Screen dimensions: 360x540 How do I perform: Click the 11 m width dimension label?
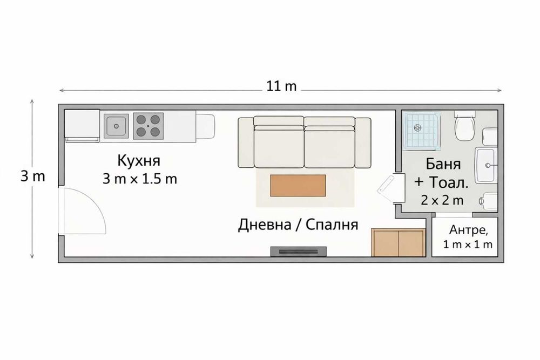pyautogui.click(x=281, y=86)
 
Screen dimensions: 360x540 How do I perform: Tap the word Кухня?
pyautogui.click(x=139, y=160)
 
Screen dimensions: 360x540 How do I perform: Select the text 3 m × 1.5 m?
pyautogui.click(x=140, y=179)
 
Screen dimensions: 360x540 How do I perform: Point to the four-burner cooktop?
pyautogui.click(x=148, y=126)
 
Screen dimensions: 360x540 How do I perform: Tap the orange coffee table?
pyautogui.click(x=298, y=186)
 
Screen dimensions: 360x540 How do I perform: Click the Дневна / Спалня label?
pyautogui.click(x=298, y=225)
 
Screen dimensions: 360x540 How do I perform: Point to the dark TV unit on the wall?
pyautogui.click(x=299, y=251)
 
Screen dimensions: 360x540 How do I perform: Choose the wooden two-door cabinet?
pyautogui.click(x=398, y=242)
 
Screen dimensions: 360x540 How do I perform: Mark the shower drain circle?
pyautogui.click(x=417, y=128)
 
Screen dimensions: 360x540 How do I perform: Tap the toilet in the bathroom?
pyautogui.click(x=464, y=126)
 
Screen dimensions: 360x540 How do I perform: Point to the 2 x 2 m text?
pyautogui.click(x=442, y=200)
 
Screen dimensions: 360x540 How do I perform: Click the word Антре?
pyautogui.click(x=468, y=231)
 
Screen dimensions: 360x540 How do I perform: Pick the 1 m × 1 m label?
pyautogui.click(x=468, y=244)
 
